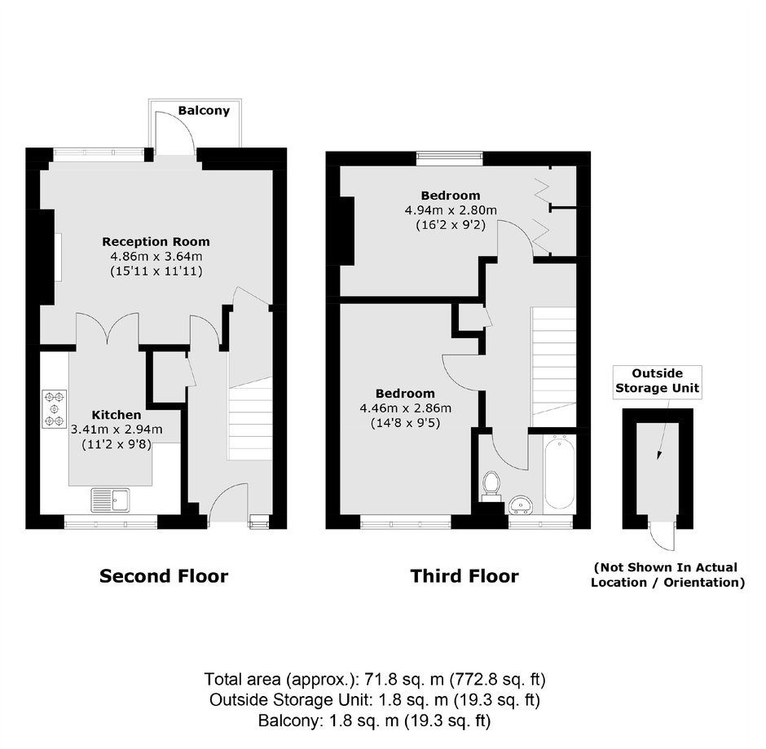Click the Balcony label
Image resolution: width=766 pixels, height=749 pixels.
[x=204, y=110]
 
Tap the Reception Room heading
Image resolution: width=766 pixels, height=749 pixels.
[x=156, y=241]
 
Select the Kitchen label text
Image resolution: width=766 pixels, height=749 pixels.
[x=117, y=415]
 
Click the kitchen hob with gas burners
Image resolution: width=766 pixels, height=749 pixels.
[x=54, y=408]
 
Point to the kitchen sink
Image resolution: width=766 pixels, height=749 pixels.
[x=110, y=500]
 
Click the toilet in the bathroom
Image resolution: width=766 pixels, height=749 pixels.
[x=491, y=486]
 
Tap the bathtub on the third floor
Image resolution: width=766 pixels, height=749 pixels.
[x=559, y=474]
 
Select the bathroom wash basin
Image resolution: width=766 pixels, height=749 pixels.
[x=521, y=504]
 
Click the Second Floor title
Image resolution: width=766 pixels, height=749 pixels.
[x=164, y=576]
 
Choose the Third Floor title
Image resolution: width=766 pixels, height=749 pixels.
[x=464, y=576]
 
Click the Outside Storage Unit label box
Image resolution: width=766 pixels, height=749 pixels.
[x=658, y=382]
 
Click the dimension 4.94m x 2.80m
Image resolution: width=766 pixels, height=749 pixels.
[x=451, y=210]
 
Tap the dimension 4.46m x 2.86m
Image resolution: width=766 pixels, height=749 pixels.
[x=406, y=408]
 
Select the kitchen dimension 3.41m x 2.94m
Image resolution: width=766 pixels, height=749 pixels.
[x=117, y=430]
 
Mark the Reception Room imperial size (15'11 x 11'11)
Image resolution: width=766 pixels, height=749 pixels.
[x=156, y=271]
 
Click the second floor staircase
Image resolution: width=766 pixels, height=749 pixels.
[x=250, y=418]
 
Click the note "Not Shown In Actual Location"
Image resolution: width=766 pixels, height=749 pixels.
[x=667, y=575]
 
